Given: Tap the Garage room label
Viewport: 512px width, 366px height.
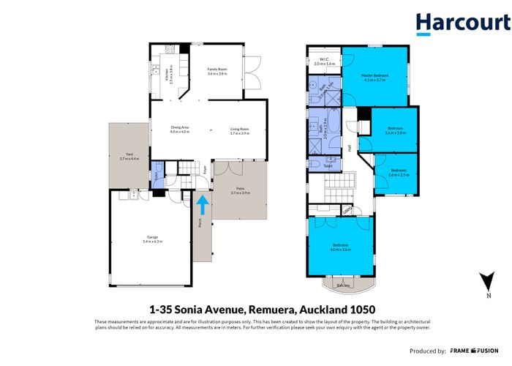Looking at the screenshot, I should (x=153, y=238).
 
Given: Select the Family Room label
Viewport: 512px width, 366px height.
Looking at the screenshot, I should (x=218, y=71).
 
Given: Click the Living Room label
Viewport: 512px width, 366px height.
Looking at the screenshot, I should (x=240, y=131).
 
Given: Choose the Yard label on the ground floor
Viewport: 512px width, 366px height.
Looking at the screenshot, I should (x=129, y=155).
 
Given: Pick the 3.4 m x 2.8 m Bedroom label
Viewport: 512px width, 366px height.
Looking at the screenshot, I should (x=395, y=130).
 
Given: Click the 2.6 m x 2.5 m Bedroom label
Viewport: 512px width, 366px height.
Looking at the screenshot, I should (x=399, y=173).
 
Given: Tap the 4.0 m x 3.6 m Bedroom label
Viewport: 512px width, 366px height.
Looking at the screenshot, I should (x=341, y=247).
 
